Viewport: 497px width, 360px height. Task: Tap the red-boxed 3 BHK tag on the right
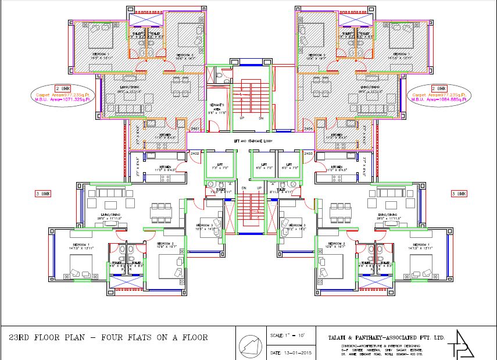point(459,193)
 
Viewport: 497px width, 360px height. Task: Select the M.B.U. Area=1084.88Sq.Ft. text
point(439,99)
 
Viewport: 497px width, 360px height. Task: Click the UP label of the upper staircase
point(242,117)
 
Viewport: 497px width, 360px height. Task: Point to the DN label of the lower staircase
point(244,188)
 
